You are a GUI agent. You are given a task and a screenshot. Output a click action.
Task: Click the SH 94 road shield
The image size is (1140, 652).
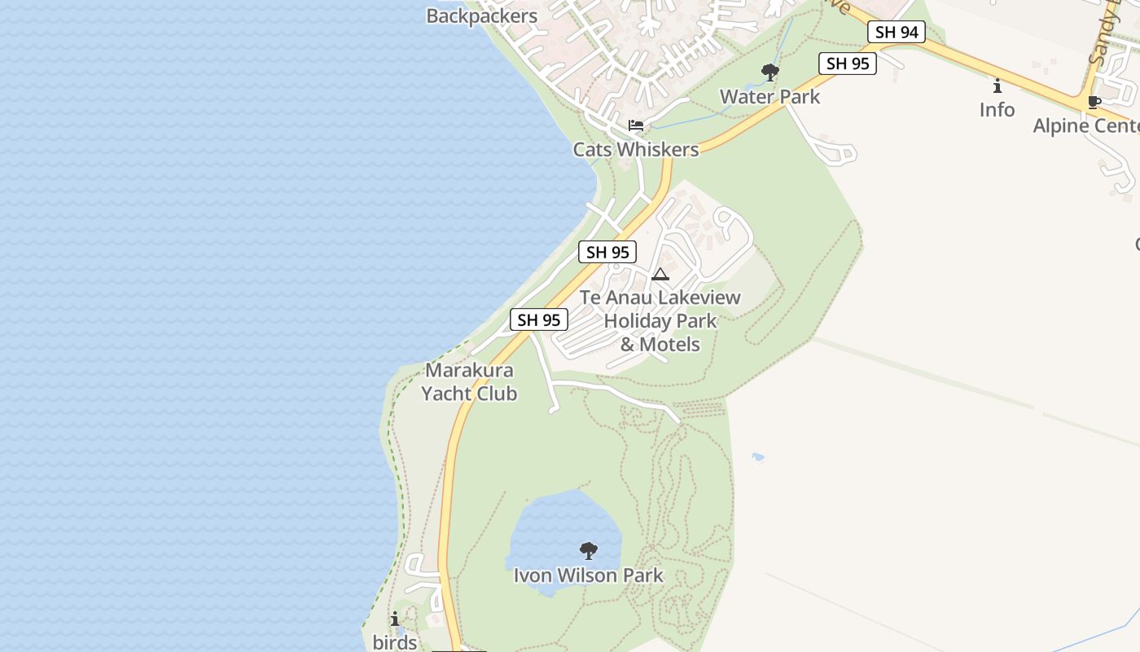(896, 33)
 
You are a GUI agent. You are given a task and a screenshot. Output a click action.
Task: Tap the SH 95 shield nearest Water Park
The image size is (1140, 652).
(847, 64)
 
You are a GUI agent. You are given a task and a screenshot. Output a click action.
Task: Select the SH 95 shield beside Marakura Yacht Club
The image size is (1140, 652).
(538, 320)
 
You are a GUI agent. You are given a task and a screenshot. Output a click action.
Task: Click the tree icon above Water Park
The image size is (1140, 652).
(769, 73)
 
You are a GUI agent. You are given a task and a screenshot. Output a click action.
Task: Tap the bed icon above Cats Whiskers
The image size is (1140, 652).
(636, 126)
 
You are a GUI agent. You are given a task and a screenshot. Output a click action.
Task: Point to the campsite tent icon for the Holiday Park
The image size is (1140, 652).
(660, 274)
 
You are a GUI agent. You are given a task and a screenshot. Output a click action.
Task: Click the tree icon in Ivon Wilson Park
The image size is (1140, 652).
(588, 551)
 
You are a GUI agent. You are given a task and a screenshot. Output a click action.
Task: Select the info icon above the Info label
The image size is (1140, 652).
(997, 86)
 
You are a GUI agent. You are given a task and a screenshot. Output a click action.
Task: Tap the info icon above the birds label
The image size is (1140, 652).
(395, 619)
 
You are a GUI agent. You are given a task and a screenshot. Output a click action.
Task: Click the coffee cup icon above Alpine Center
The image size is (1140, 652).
(1094, 103)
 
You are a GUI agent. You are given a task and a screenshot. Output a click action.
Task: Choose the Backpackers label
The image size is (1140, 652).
(482, 16)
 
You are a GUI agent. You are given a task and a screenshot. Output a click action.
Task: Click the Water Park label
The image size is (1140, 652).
(769, 97)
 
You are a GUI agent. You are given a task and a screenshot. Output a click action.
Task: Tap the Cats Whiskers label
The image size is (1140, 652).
(635, 149)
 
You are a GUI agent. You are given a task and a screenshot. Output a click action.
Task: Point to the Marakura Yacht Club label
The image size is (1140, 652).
(469, 382)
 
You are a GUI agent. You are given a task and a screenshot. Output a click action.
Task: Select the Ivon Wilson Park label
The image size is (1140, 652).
(588, 575)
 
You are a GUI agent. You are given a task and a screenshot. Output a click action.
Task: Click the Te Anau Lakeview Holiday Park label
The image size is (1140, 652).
(660, 320)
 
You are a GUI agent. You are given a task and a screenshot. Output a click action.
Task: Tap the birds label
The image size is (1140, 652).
(395, 642)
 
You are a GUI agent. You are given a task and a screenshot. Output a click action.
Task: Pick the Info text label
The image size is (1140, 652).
(997, 110)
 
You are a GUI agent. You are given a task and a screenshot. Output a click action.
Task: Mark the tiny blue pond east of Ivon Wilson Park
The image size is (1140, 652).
(758, 457)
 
